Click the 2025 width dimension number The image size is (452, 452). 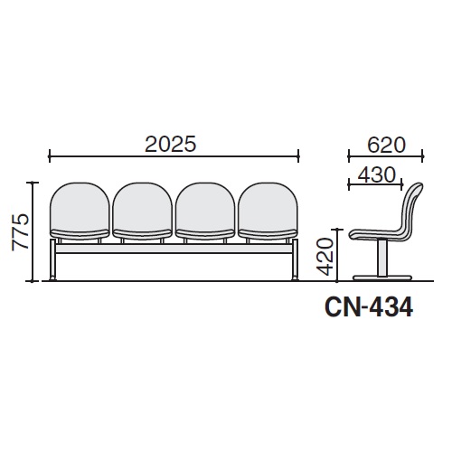[171, 144]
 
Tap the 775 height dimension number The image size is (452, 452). [21, 232]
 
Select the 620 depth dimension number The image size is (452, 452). [386, 146]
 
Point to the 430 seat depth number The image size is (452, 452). [376, 174]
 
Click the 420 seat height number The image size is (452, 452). [325, 257]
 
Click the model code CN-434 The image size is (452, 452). [369, 307]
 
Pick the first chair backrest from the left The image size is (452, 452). [80, 206]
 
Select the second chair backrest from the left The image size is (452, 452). [143, 206]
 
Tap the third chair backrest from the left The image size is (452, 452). [205, 206]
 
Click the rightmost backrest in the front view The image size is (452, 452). [268, 206]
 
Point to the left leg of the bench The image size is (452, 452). [52, 259]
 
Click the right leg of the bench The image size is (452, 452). [295, 259]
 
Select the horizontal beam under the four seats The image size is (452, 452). [174, 249]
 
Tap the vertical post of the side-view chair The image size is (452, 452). [382, 258]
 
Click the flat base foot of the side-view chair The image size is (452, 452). [382, 278]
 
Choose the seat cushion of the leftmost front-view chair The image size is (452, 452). [80, 234]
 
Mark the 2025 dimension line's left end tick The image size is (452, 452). [50, 156]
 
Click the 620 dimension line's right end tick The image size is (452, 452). [422, 156]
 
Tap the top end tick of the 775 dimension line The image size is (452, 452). [33, 183]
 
